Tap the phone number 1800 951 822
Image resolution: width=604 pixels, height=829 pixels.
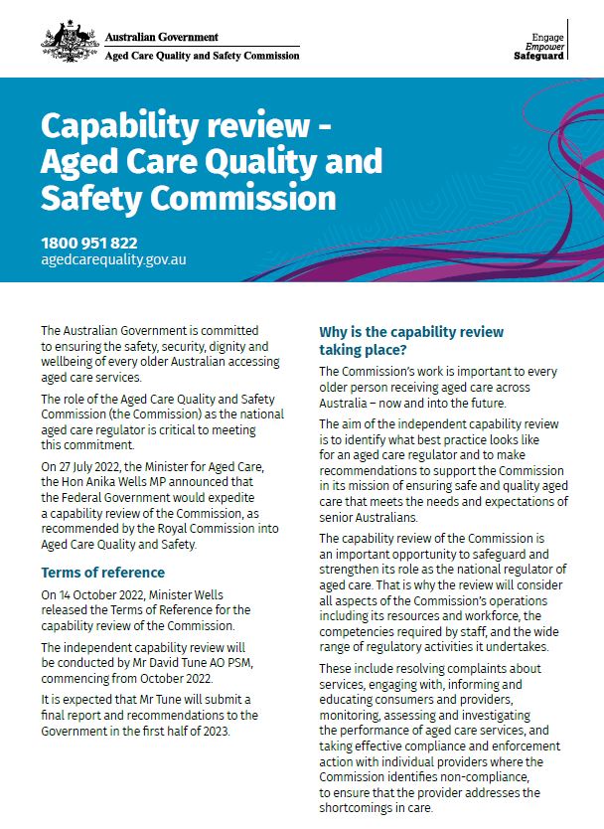click(x=89, y=243)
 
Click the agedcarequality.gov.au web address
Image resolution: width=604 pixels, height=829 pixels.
click(x=113, y=259)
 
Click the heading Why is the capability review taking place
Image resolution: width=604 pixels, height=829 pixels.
click(x=410, y=341)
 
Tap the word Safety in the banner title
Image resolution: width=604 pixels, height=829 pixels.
click(x=88, y=197)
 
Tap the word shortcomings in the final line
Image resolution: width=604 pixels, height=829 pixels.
click(x=361, y=808)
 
